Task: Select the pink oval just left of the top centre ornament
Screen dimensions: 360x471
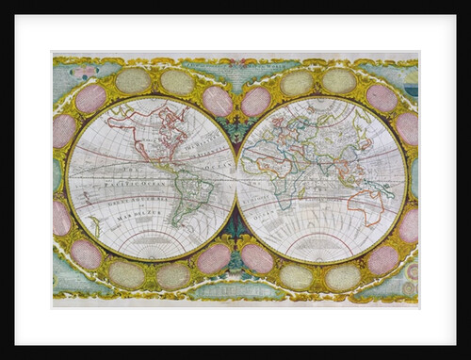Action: point(216,101)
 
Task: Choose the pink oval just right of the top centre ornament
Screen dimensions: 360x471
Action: point(255,101)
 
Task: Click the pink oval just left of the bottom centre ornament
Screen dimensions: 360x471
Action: point(215,258)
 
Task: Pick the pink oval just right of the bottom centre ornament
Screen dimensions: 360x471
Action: point(257,258)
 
